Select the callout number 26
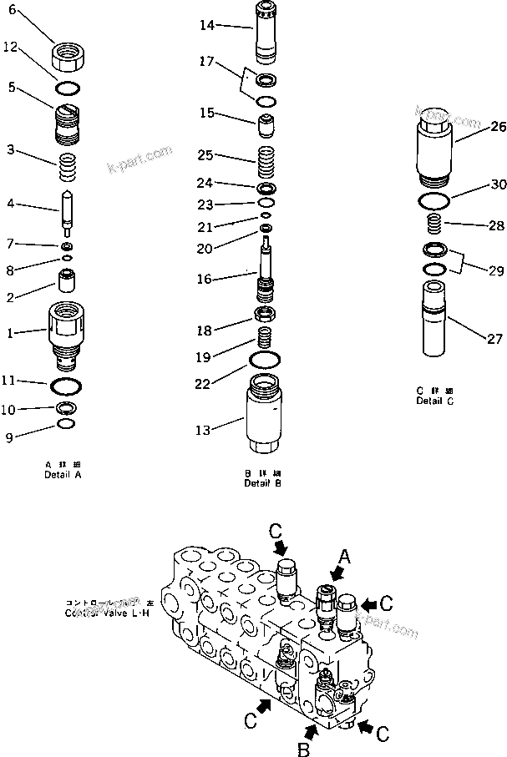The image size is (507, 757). point(498,127)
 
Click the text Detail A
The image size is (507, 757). point(63,474)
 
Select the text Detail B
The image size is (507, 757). point(263,483)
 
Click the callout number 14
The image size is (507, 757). point(206,27)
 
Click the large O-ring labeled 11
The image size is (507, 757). point(66,385)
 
